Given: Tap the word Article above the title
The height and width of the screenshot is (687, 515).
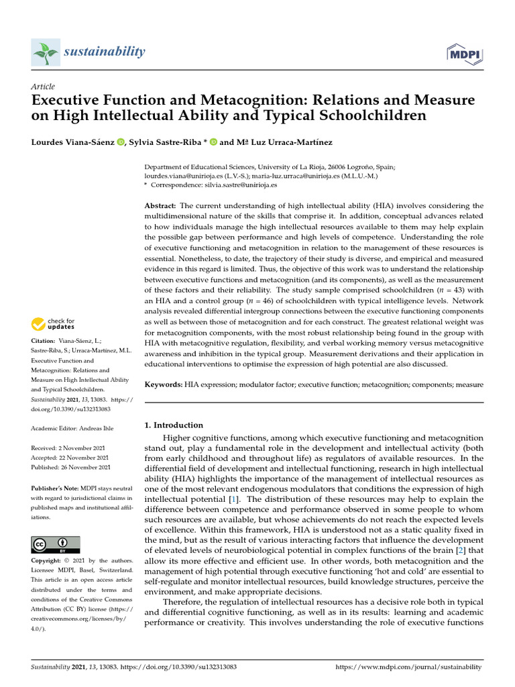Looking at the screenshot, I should (x=43, y=87).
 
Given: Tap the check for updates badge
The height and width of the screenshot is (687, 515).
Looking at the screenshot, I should (x=53, y=325).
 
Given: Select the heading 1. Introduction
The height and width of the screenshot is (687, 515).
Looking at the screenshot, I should (x=174, y=425).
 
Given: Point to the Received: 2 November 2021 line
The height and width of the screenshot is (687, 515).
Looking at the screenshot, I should (x=71, y=447).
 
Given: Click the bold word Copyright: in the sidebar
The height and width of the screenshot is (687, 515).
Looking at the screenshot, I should (x=48, y=560).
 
